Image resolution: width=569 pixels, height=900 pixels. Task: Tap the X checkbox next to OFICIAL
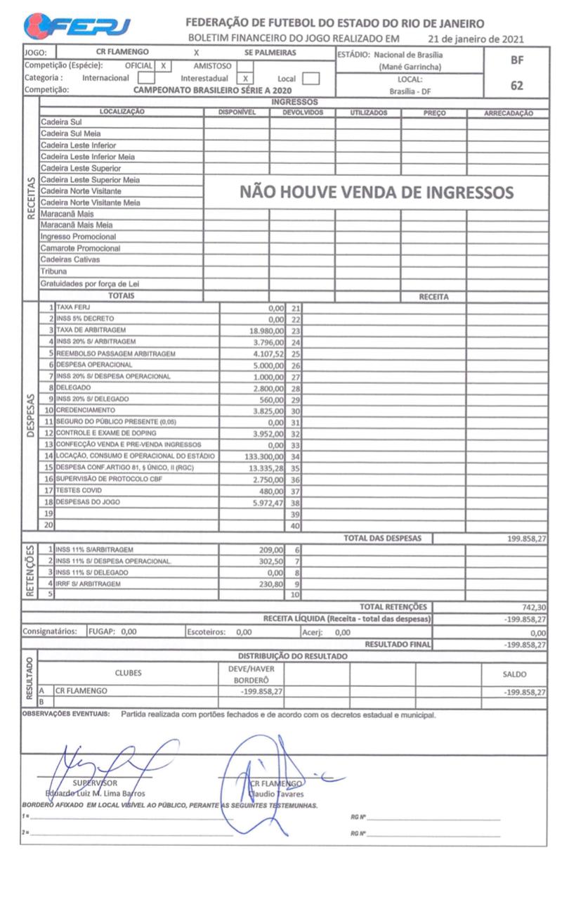[x=163, y=65]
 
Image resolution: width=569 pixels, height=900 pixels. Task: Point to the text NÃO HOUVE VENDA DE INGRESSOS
[x=377, y=192]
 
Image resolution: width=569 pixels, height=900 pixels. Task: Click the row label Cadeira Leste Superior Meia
[x=89, y=180]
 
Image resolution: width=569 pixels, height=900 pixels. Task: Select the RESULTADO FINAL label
[x=398, y=644]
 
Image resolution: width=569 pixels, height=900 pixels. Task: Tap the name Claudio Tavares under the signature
[x=278, y=794]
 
